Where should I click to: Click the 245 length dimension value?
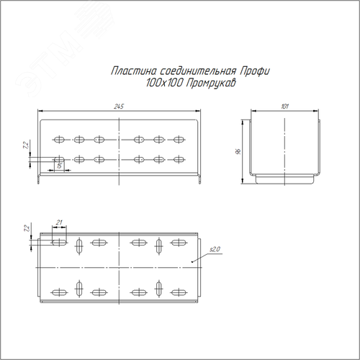click(x=119, y=107)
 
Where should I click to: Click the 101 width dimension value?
click(x=284, y=107)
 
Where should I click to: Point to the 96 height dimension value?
click(x=238, y=151)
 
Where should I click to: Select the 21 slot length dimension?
click(x=59, y=222)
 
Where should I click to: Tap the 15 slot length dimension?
click(x=59, y=166)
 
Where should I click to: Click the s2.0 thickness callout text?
click(x=215, y=250)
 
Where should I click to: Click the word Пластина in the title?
click(x=134, y=71)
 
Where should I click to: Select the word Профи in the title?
click(x=255, y=71)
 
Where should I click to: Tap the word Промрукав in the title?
click(x=211, y=84)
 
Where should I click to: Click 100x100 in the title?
click(x=165, y=84)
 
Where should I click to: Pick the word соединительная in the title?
click(x=198, y=71)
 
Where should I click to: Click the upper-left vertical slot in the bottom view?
click(x=79, y=246)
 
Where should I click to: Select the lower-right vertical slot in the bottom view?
click(x=158, y=289)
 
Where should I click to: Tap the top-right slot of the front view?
click(x=179, y=139)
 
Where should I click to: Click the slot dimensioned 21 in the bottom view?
click(x=59, y=243)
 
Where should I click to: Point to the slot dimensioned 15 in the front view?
click(x=59, y=159)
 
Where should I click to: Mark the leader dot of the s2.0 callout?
click(x=192, y=261)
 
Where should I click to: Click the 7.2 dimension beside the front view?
click(x=26, y=145)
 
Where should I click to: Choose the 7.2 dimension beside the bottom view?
click(x=27, y=228)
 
